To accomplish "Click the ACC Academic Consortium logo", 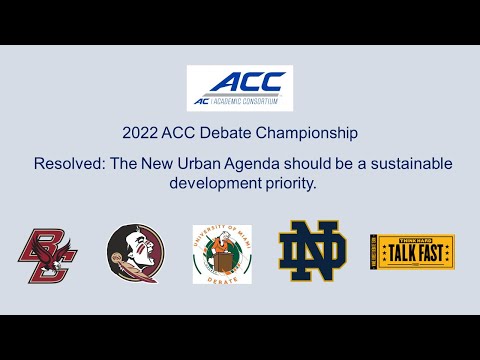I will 240,88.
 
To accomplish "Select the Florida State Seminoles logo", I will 134,254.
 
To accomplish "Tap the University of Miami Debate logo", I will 222,254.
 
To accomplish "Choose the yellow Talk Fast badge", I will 411,253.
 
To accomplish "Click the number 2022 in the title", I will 140,132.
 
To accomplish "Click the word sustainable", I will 406,163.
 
